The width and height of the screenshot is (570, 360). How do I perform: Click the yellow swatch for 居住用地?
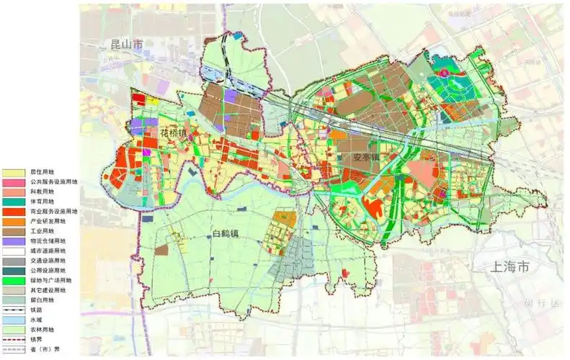point(12,174)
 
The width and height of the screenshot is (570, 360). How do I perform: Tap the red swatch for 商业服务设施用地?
point(12,212)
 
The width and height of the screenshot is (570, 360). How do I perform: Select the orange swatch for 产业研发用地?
point(12,222)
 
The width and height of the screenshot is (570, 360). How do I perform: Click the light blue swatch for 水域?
point(12,319)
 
